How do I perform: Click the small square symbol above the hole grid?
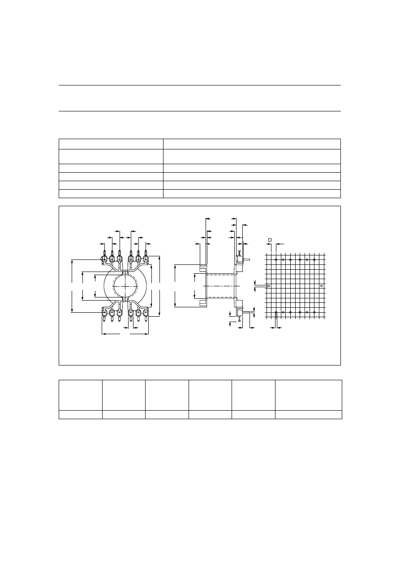[270, 240]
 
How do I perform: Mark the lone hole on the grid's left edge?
[268, 285]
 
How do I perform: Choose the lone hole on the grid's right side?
[321, 285]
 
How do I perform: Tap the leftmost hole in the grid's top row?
[276, 259]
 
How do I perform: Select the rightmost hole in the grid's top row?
[314, 259]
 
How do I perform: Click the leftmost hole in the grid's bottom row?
[276, 312]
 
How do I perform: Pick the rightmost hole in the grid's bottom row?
[314, 312]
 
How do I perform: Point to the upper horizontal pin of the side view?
[246, 259]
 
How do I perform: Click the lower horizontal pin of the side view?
[246, 312]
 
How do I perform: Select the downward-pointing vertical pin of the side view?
[240, 318]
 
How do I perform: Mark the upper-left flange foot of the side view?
[202, 268]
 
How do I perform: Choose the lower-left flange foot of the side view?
[202, 303]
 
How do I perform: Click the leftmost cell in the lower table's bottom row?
[81, 414]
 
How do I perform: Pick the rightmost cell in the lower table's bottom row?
[308, 414]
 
